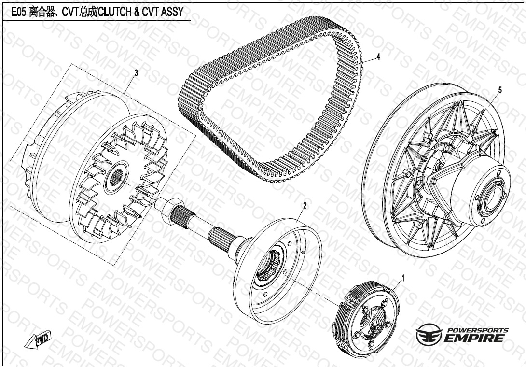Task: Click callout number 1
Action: point(403,278)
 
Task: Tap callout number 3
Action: point(136,73)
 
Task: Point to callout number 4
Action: point(378,57)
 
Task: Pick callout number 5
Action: point(500,90)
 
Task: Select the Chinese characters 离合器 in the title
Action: point(42,12)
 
